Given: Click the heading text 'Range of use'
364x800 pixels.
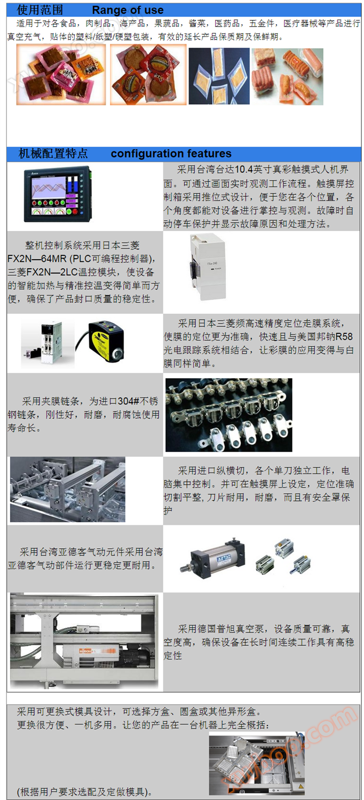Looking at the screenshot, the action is click(128, 10).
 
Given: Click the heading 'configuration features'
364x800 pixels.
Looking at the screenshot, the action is click(171, 154).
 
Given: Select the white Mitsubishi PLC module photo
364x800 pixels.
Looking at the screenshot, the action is click(208, 266).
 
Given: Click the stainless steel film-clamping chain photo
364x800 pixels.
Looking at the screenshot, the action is click(228, 415).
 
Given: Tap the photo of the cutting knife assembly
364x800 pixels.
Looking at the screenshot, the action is click(68, 489).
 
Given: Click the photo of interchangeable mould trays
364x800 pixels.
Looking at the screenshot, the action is click(257, 765).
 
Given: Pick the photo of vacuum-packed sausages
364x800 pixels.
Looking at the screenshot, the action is click(288, 77).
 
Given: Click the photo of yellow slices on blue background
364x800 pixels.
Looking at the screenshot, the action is click(219, 76).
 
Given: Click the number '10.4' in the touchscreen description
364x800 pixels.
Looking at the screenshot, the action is click(244, 169).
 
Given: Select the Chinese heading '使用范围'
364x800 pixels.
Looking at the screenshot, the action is click(40, 10).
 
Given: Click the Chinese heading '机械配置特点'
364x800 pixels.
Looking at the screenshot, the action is click(53, 154).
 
